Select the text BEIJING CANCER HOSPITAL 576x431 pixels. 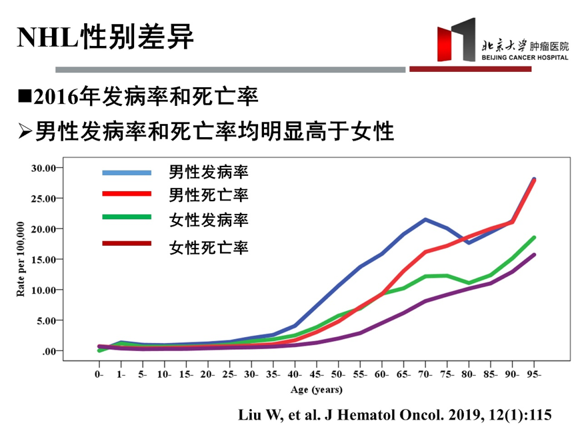coord(525,58)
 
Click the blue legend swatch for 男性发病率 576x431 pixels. coord(127,173)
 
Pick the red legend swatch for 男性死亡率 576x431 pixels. coord(127,194)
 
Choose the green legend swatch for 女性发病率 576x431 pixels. coord(127,217)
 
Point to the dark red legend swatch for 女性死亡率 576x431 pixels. coord(127,243)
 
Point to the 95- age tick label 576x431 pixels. coord(535,375)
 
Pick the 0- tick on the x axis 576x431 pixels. coord(99,375)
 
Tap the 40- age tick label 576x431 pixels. coord(295,375)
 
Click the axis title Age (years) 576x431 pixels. coord(317,390)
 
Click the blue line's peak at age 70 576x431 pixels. coord(425,219)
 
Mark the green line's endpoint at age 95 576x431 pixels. coord(534,237)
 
